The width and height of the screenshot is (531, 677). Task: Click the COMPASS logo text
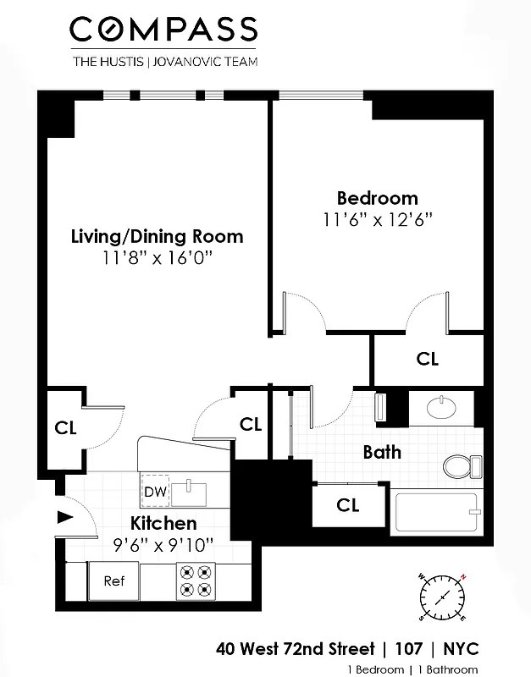click(x=163, y=30)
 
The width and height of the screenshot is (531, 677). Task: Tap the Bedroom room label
click(x=377, y=198)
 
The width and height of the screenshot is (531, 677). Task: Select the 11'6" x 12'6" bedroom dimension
click(x=377, y=220)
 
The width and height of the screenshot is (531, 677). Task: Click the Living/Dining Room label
click(x=157, y=236)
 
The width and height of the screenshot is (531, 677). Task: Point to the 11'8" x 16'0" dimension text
click(x=157, y=258)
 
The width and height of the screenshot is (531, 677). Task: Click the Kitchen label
click(x=163, y=523)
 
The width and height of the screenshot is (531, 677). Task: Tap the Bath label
click(x=382, y=452)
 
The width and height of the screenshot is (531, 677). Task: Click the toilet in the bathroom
click(x=462, y=466)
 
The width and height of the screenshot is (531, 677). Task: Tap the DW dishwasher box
click(x=153, y=492)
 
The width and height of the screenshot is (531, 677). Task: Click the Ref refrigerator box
click(x=113, y=581)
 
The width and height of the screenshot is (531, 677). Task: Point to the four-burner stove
click(x=194, y=581)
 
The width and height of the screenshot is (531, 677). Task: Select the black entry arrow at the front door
click(x=64, y=517)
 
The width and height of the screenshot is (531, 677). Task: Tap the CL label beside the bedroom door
click(x=428, y=359)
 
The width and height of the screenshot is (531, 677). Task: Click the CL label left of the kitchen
click(x=66, y=427)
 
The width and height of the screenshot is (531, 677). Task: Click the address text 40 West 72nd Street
click(x=295, y=650)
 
